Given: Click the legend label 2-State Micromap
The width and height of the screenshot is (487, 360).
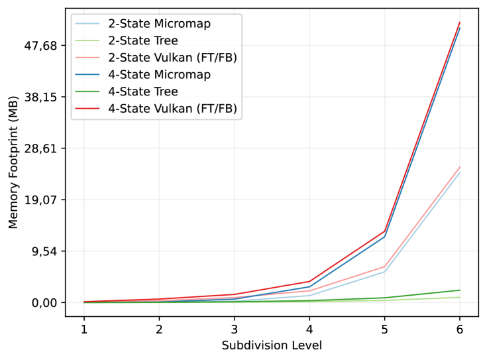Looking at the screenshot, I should click(x=159, y=25).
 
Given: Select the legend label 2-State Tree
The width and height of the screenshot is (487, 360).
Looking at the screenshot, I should click(x=142, y=41).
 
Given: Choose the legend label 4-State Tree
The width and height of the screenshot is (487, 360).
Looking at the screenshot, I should click(x=142, y=92).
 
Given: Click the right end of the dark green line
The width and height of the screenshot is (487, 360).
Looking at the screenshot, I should click(x=459, y=290).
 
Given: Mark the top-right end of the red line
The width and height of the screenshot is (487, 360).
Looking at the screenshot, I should click(x=459, y=23).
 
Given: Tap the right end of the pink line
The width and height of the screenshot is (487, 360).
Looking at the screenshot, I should click(x=459, y=168).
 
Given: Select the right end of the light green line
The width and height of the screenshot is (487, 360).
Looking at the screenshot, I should click(x=459, y=297).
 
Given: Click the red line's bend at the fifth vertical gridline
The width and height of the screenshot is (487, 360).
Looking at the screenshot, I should click(x=384, y=231).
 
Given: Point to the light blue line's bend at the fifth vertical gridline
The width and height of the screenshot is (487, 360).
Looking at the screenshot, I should click(x=384, y=271).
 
